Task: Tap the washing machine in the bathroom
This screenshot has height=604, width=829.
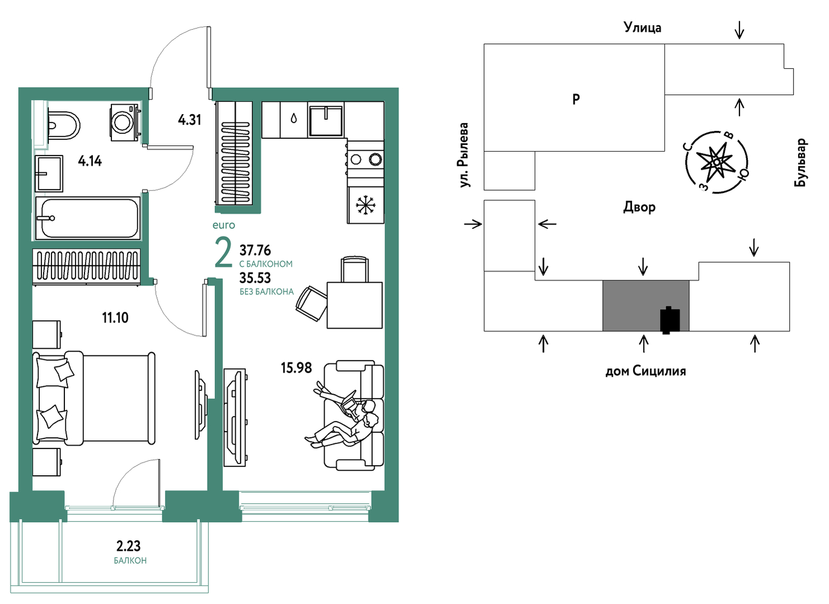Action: pos(125,122)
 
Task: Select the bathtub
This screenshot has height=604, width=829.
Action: pos(88,218)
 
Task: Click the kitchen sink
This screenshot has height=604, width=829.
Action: pos(326,120)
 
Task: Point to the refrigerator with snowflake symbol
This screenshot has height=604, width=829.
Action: pos(366,205)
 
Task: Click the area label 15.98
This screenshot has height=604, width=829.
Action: pos(297,368)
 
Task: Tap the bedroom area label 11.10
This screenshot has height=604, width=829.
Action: pos(115,317)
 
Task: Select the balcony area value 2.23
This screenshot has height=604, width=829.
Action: pos(128,546)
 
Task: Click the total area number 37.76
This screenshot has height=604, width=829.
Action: pos(255,251)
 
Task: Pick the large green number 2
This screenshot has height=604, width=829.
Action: pos(223,252)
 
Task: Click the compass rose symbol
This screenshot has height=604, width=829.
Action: pos(717,162)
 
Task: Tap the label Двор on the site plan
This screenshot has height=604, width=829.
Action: pos(639,207)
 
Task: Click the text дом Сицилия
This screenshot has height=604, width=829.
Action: pos(645,371)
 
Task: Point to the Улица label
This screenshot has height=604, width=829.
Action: pos(643,27)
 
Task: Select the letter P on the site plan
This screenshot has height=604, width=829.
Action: pos(576,99)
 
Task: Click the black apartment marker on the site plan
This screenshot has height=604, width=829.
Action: pos(670,320)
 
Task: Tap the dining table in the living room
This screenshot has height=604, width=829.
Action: pos(354,305)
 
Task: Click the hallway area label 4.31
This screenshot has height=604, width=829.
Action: pos(190,120)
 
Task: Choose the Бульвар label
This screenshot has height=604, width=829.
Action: pos(800,162)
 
